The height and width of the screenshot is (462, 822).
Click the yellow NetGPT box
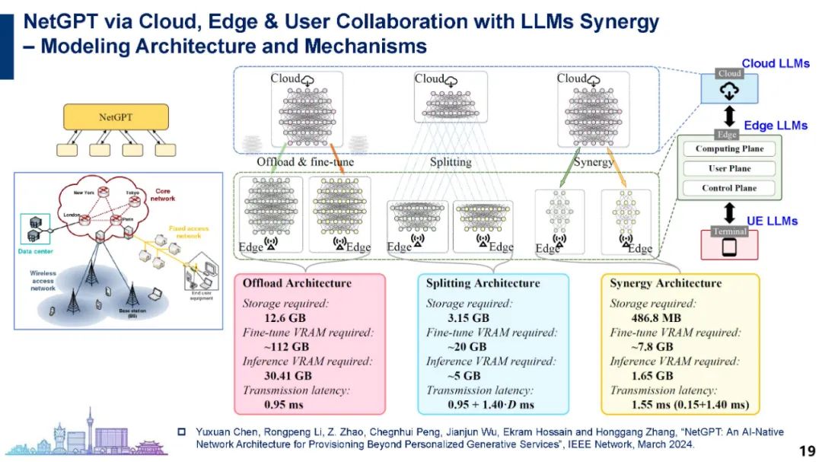coord(115,117)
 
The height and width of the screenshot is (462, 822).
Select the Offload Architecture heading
coord(297,283)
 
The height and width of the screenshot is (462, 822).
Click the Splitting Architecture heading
coord(483,283)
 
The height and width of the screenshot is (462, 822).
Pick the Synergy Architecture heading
coord(665,283)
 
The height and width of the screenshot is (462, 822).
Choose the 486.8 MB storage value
coord(657,318)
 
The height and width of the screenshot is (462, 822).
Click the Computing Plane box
coord(728,149)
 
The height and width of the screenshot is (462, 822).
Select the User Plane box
coord(728,169)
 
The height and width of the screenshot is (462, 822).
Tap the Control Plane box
coord(728,188)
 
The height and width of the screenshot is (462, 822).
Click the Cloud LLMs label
coord(776,64)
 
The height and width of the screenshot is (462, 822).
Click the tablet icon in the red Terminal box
coord(729,247)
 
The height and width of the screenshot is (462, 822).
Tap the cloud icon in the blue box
coord(729,91)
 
